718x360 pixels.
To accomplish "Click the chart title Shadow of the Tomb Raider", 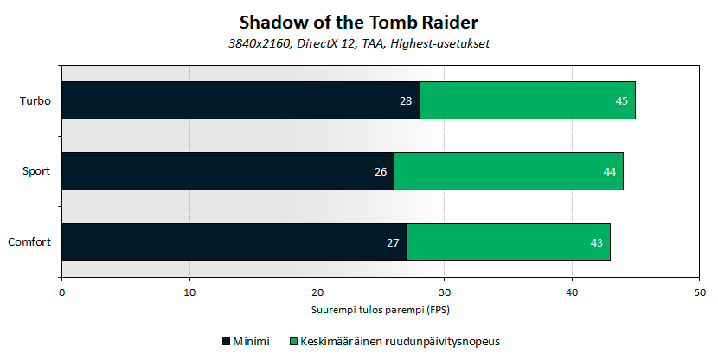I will (358, 21).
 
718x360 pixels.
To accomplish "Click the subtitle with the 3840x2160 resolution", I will (358, 43).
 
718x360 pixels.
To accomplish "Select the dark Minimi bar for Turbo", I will (240, 100).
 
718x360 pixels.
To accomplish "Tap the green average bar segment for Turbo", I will (527, 100).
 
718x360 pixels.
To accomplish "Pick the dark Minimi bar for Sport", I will (228, 171).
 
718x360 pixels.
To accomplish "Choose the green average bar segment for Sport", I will (508, 171).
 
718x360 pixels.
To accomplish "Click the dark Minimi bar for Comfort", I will (234, 242).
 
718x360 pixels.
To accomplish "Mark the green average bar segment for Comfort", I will (508, 242).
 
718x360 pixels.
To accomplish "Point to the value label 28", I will (406, 101).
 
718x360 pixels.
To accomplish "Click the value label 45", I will (621, 101).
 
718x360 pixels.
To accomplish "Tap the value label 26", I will (380, 172).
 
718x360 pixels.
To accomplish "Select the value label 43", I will (596, 243).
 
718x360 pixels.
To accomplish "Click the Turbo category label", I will (35, 101).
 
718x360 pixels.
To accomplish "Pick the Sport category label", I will (36, 172).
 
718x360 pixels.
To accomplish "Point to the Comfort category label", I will (30, 243).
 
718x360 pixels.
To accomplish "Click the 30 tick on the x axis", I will (445, 293).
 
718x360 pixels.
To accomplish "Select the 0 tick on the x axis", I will (62, 293).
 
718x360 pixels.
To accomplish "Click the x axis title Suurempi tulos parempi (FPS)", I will (381, 309).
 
